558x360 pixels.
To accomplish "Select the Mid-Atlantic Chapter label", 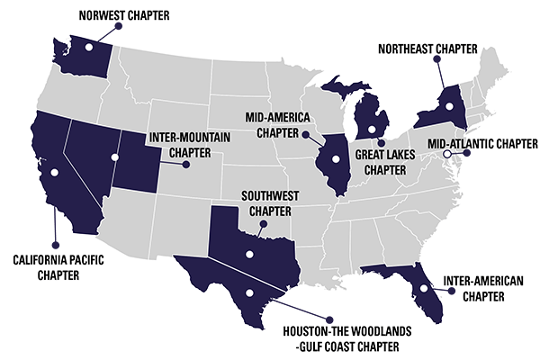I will click(482, 142).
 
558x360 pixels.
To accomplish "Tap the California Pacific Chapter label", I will click(55, 266).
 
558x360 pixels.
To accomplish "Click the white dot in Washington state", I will click(88, 47).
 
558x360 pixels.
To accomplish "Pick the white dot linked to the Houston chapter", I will click(249, 292).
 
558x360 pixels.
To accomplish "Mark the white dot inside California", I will click(54, 171).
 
